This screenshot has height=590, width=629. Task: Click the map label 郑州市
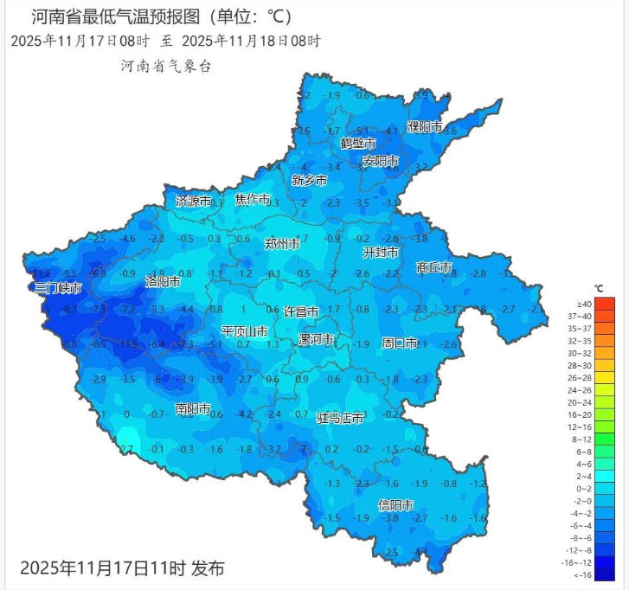click(282, 245)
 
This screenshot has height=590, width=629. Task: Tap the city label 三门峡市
click(58, 287)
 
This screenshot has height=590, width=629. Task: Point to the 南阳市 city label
click(192, 408)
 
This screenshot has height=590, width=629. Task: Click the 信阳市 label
click(395, 504)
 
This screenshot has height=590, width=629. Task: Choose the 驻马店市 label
click(340, 419)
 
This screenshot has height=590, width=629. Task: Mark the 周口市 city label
click(400, 343)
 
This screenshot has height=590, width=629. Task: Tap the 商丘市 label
click(433, 268)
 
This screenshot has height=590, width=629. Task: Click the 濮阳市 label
click(425, 127)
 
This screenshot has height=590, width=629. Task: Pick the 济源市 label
click(193, 201)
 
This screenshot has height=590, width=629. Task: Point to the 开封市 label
click(380, 253)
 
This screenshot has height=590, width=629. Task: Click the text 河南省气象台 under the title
click(167, 66)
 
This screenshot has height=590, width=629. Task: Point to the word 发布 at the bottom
click(207, 568)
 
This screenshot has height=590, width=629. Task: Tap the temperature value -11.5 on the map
click(128, 345)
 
